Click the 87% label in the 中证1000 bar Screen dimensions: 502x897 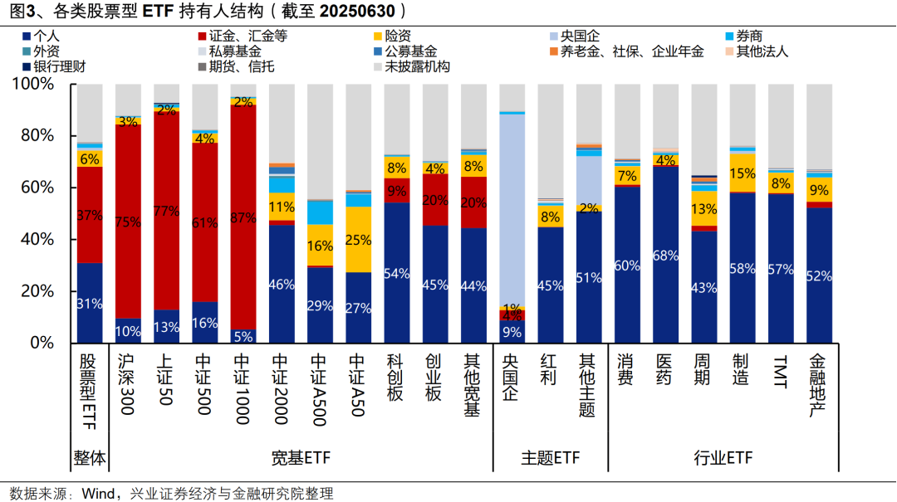pos(243,218)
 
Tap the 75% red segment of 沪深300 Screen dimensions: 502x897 pos(128,222)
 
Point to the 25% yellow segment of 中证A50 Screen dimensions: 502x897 pos(358,240)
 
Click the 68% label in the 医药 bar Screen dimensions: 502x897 pos(666,255)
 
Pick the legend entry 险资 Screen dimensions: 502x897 pos(404,37)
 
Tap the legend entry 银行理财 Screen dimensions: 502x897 pos(60,66)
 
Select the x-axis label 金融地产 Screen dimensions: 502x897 pos(818,386)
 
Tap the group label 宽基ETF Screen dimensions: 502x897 pos(300,458)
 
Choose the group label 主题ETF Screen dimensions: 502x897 pos(551,458)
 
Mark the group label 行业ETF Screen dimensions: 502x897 pos(723,458)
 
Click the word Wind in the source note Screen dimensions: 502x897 pos(97,494)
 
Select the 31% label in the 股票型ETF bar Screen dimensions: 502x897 pos(90,304)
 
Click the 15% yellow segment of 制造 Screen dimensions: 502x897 pos(743,173)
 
